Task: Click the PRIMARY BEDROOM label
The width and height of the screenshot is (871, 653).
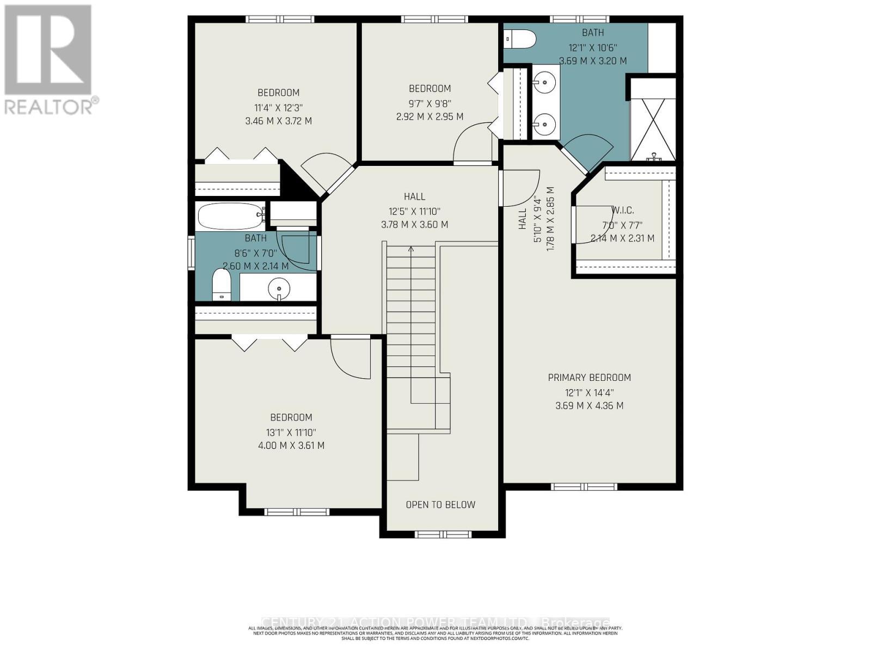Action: (589, 378)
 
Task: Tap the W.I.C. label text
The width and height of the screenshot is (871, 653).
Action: (622, 210)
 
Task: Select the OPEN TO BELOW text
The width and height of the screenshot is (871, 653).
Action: (440, 504)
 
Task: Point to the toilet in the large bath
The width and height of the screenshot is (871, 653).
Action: (521, 39)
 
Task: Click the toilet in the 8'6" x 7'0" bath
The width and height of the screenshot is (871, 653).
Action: (222, 286)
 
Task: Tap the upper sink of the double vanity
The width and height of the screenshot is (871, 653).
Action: (544, 83)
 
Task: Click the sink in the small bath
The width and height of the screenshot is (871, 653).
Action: (279, 287)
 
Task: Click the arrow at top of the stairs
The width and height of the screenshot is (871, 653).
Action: (411, 249)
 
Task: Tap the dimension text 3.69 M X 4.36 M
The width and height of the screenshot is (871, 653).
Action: (589, 405)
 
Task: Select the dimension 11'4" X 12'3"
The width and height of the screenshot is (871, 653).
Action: (278, 107)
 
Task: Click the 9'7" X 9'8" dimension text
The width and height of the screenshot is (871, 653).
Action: (430, 103)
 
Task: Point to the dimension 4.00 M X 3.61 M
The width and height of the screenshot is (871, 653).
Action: (291, 446)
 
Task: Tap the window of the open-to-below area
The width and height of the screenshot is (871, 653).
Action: (443, 534)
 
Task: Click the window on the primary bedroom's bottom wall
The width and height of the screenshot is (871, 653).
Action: (584, 486)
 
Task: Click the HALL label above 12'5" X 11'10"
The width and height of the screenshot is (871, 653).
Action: (414, 196)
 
